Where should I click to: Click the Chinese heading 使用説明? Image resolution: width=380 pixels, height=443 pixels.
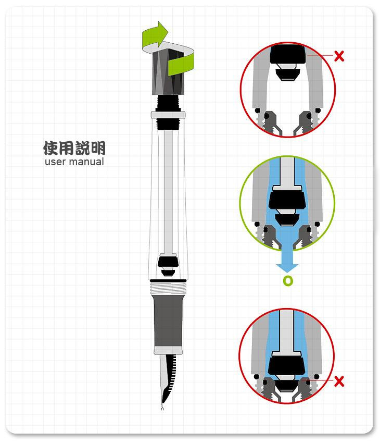[x=74, y=148]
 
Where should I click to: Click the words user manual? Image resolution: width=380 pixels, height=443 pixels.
[x=74, y=162]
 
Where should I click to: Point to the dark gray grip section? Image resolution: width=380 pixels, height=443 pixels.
[x=168, y=324]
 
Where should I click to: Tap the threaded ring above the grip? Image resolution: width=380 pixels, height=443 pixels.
[x=168, y=286]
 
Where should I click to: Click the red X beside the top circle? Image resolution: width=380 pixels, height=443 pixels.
[x=339, y=56]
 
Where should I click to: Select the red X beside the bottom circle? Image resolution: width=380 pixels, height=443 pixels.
[x=339, y=382]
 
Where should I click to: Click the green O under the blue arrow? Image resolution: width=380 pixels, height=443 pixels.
[x=288, y=281]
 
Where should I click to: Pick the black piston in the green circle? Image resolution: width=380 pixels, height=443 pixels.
[x=287, y=200]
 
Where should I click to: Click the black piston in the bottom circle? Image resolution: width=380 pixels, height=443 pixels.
[x=287, y=365]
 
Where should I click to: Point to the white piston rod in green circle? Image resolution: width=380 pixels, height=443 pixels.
[x=287, y=172]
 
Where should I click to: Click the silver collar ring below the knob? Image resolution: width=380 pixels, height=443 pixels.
[x=168, y=115]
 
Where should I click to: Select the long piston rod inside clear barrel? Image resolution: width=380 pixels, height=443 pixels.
[x=168, y=193]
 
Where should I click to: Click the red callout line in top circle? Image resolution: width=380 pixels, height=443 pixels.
[x=320, y=55]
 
